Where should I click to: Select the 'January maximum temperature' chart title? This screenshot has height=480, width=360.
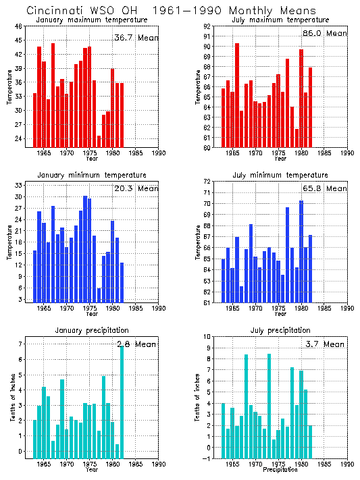91,20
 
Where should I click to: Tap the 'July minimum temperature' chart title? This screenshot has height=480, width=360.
280,175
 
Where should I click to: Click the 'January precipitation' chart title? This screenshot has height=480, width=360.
91,330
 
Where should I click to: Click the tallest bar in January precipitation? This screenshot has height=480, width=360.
122,402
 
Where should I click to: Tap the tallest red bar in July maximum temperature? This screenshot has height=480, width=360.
237,95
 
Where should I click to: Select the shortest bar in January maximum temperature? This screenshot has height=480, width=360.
99,141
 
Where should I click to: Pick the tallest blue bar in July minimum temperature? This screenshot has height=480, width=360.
301,252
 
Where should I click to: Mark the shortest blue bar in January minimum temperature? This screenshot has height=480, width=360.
99,296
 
